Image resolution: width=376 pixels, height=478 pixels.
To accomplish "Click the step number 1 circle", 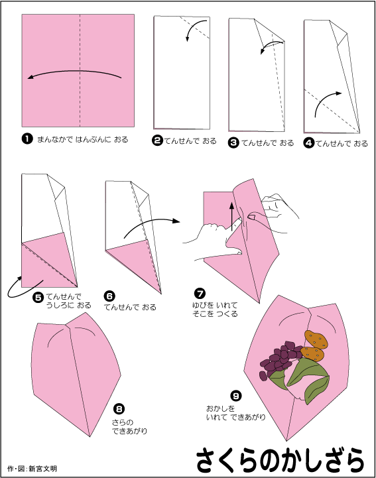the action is coord(27,139).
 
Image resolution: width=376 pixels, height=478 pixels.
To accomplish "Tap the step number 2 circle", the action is coord(157,141).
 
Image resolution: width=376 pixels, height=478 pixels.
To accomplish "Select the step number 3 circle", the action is coord(233,143).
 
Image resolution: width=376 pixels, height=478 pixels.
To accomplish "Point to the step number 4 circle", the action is coord(309,143).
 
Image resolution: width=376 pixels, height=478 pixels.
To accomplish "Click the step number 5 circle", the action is coord(38,297).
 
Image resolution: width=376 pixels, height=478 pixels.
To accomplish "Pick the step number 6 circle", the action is coord(109,296).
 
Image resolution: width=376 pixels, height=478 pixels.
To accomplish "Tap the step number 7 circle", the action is coord(200,293).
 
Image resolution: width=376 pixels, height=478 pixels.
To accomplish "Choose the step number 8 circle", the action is coord(119,408).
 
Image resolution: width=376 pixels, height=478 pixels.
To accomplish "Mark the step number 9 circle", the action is coord(235,395).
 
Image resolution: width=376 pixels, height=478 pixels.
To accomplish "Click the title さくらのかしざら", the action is coord(281,459).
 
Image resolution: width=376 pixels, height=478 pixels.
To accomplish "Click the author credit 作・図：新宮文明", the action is coord(32,468).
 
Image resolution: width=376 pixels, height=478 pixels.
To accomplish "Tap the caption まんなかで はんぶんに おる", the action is coord(83,139).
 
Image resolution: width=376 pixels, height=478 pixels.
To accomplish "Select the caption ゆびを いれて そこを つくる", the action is coord(215,309).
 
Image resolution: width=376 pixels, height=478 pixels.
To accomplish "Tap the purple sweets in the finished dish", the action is coord(280,360).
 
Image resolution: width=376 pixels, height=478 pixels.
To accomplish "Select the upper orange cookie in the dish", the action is coord(316,339).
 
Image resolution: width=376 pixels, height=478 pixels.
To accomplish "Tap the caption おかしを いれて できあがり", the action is coord(235,412).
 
